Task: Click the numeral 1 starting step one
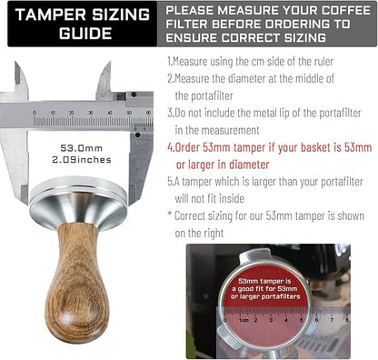169,61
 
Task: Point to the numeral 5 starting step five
169,182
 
